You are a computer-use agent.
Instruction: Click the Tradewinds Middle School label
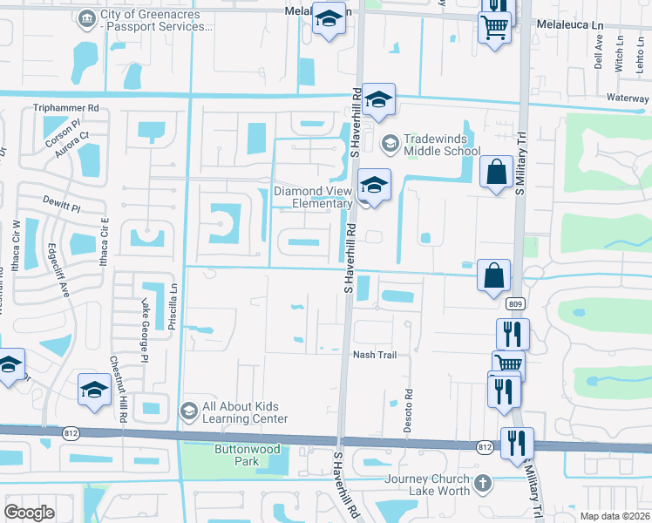click(441, 145)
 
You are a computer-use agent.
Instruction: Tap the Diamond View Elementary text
click(314, 197)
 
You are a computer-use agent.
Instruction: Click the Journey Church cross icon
click(484, 482)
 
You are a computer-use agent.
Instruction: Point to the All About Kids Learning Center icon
click(188, 411)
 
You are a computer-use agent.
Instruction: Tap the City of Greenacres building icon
click(87, 19)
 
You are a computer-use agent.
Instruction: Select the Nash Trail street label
click(374, 355)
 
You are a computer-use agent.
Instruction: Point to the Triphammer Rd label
click(66, 108)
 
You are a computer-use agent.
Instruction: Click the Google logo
click(29, 512)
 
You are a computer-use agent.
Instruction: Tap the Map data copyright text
click(614, 516)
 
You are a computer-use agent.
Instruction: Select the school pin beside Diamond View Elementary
click(374, 186)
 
